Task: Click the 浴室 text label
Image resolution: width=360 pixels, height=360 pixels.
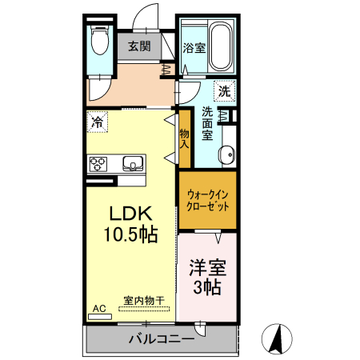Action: click(194, 48)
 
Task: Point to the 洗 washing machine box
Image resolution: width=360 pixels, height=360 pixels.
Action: click(226, 91)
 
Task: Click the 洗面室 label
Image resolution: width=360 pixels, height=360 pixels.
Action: click(206, 124)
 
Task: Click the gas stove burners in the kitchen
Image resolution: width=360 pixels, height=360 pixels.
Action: click(98, 164)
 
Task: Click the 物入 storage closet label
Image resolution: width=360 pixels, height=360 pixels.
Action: click(183, 139)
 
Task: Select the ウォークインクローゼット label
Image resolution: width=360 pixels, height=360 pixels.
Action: click(207, 199)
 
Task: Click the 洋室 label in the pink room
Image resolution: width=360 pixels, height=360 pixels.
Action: click(206, 267)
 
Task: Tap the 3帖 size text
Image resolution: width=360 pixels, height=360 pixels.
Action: click(206, 287)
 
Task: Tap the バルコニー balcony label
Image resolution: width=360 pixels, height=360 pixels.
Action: click(161, 339)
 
